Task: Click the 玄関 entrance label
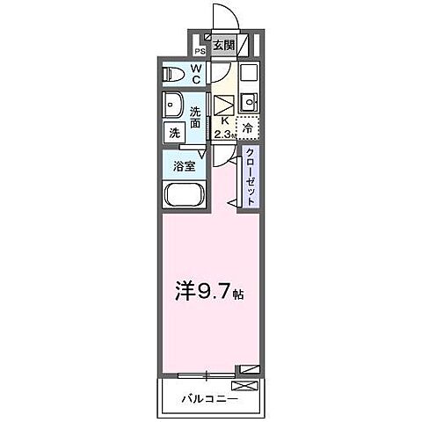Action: tap(224, 45)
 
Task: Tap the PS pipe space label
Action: tap(199, 50)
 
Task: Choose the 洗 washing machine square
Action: tap(176, 134)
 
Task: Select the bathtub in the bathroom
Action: tap(183, 196)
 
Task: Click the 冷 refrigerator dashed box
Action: tap(249, 128)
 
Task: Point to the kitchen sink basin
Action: tap(249, 99)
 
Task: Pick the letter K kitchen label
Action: tap(224, 120)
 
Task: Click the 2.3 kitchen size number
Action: tap(222, 134)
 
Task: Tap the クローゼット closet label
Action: tap(250, 176)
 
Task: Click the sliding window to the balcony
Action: tap(207, 375)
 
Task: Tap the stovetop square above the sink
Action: tap(248, 72)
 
